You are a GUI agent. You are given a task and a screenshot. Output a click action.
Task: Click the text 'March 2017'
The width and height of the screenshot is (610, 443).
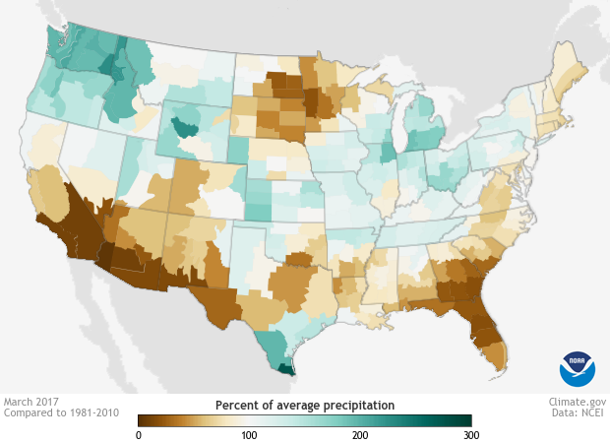click(x=30, y=403)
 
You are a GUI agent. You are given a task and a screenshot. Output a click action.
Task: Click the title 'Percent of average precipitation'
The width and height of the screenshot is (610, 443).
click(x=304, y=405)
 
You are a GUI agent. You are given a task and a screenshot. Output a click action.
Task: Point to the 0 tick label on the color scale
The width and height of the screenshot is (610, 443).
click(x=139, y=434)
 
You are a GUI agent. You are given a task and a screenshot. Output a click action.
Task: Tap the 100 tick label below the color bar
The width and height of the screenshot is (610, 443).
click(x=249, y=434)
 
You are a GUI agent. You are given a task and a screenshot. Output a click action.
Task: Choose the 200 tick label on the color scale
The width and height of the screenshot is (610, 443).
click(x=360, y=434)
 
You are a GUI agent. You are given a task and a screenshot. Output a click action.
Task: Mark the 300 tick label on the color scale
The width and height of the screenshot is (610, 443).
click(x=470, y=434)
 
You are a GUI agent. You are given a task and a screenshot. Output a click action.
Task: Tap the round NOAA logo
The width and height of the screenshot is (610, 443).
click(x=578, y=368)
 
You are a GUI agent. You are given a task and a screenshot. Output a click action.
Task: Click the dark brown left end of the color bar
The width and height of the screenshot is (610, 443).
click(x=145, y=420)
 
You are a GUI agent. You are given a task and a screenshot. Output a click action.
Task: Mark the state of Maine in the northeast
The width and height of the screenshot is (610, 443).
click(x=575, y=74)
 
